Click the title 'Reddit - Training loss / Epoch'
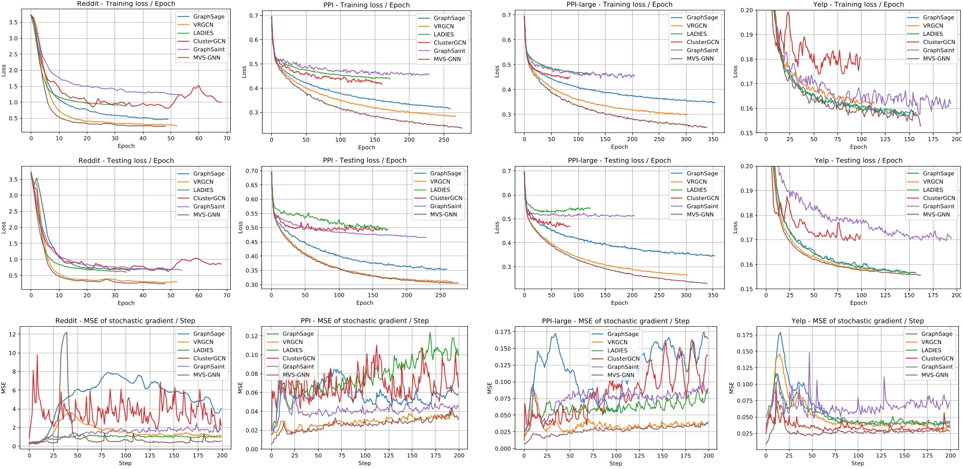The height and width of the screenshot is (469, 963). click(x=126, y=4)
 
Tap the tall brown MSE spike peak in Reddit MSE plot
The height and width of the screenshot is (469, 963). click(x=66, y=333)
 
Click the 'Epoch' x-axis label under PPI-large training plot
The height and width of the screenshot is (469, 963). click(x=619, y=147)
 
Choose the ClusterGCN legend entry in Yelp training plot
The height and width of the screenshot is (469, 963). click(x=939, y=42)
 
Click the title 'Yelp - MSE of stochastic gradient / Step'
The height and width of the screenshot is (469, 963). click(x=857, y=321)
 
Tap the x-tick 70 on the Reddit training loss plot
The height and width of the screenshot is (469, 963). click(x=227, y=138)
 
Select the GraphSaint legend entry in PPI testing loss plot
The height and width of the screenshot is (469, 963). click(x=445, y=206)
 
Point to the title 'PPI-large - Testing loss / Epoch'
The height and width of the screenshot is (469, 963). click(x=619, y=161)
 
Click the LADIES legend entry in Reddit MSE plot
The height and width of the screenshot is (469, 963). click(x=203, y=350)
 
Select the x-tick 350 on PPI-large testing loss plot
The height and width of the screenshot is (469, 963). click(x=713, y=295)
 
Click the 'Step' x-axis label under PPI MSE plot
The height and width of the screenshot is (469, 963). click(x=364, y=463)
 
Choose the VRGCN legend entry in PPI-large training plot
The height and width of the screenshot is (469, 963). click(x=696, y=25)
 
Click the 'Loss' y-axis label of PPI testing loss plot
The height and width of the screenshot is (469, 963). click(x=240, y=227)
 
